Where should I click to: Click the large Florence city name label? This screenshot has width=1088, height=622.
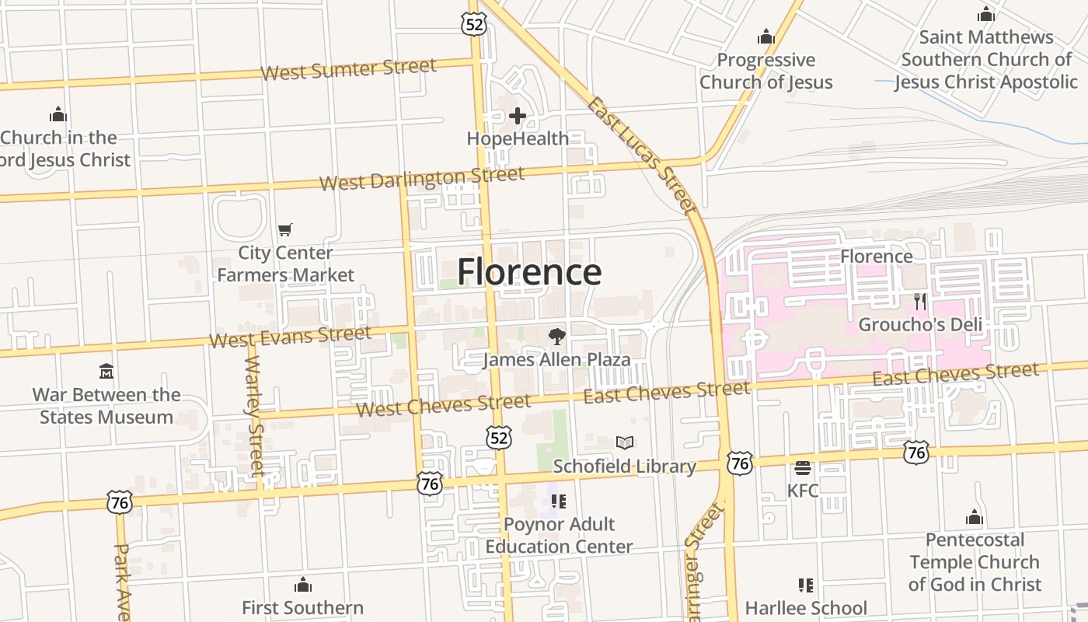[528, 272]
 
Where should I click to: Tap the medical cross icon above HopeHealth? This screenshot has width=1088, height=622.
[518, 117]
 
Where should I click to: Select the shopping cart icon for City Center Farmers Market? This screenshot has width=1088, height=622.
[285, 229]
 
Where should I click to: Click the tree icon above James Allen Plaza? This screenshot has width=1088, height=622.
[556, 336]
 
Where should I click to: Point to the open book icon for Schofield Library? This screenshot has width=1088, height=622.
[625, 442]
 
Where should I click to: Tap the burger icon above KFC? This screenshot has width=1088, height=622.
[803, 468]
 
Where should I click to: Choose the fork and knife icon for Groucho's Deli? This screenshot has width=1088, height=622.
[920, 302]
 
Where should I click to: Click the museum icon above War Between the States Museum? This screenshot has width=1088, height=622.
[106, 371]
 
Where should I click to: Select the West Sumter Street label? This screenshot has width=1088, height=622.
[348, 69]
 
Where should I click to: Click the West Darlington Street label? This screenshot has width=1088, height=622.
[422, 179]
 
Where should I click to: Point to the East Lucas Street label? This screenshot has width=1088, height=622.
[641, 155]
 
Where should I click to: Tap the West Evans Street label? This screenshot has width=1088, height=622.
[290, 337]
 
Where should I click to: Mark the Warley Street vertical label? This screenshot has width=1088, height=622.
[255, 416]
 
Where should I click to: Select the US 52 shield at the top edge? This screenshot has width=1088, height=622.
[473, 24]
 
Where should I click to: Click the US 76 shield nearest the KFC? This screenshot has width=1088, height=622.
[740, 463]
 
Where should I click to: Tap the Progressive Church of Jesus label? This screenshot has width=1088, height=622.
[765, 71]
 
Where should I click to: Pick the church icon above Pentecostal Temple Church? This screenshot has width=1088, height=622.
[975, 517]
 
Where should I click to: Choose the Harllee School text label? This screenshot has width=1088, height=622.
[806, 607]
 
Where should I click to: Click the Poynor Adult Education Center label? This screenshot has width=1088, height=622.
[559, 535]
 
